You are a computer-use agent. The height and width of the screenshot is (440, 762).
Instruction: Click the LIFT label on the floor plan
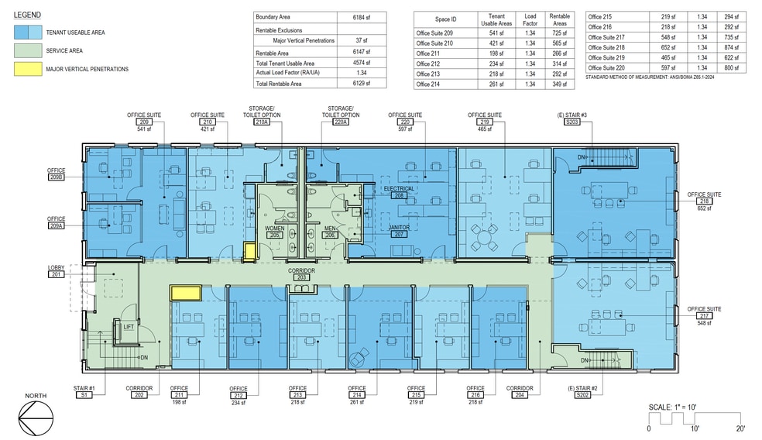pos(128,327)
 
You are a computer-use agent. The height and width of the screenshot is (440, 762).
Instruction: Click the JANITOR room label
pos(399,226)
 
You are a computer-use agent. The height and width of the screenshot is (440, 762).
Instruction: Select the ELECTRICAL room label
pos(399,188)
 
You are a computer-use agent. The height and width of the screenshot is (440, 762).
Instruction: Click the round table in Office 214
pos(358,359)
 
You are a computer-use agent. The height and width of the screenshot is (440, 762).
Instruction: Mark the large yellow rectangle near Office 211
pos(186,292)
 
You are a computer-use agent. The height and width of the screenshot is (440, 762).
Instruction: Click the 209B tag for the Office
pos(56,177)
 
